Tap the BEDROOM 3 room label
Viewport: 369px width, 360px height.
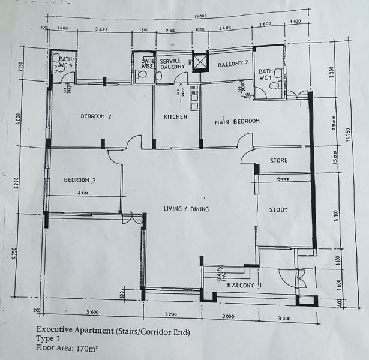[x=80, y=180]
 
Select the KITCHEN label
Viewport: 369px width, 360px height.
[x=176, y=116]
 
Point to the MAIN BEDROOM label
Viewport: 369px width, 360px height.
[x=238, y=122]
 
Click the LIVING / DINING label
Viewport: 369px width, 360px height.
[x=190, y=209]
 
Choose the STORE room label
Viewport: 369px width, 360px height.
[x=278, y=161]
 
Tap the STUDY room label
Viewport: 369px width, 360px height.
[x=278, y=210]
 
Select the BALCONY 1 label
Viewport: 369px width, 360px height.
[x=244, y=285]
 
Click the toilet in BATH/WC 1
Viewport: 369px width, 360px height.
[x=275, y=86]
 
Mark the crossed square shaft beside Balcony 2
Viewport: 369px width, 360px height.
[x=199, y=61]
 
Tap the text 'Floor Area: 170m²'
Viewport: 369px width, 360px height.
[x=67, y=347]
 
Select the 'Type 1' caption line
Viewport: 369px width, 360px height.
[x=49, y=338]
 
